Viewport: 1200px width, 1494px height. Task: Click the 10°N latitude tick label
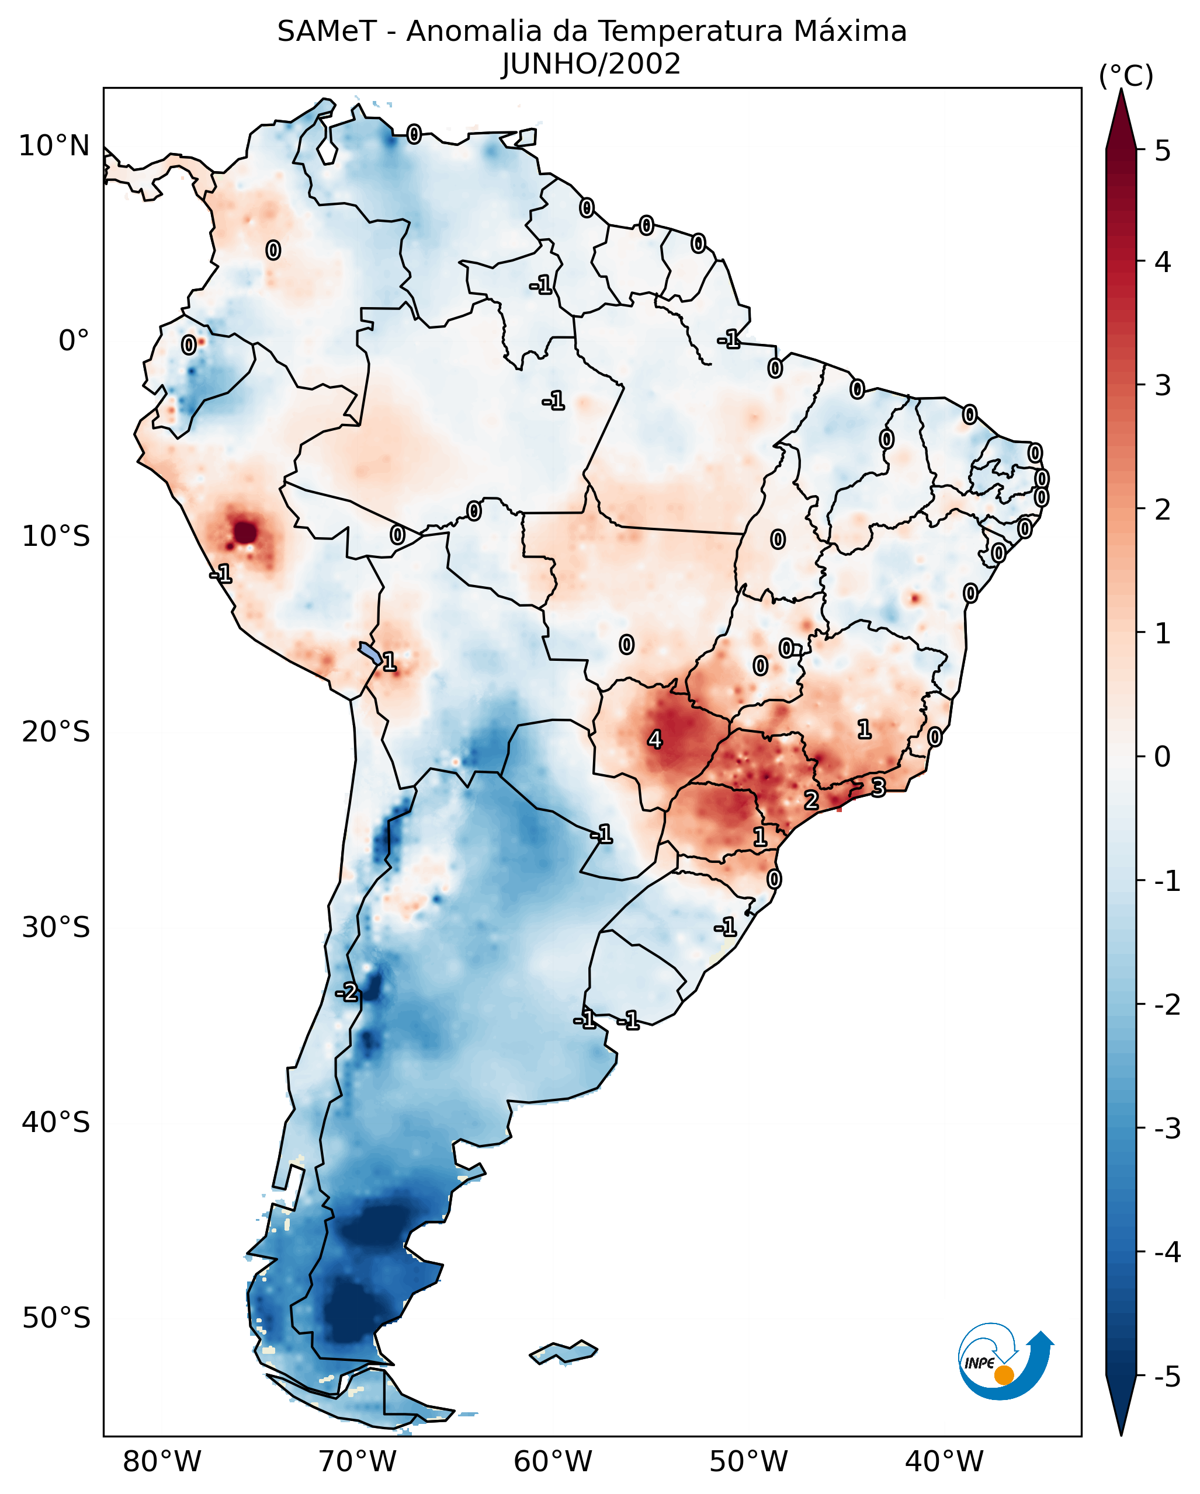[x=54, y=146]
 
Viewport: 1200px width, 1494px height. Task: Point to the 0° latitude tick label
[x=74, y=341]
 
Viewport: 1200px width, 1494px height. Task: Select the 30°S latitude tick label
[x=56, y=927]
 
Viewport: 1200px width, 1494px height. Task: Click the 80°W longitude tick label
[x=161, y=1461]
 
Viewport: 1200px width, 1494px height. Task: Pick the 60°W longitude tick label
[x=553, y=1461]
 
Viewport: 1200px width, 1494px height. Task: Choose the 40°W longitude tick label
[x=944, y=1461]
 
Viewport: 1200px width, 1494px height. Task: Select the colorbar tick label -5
[x=1167, y=1377]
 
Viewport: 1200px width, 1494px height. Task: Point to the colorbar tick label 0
[x=1163, y=756]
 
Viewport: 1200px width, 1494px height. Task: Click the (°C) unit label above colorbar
[x=1126, y=76]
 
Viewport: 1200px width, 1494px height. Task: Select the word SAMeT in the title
[x=327, y=32]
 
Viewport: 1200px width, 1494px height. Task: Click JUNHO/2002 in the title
[x=591, y=64]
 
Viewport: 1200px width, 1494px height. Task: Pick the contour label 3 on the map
[x=878, y=788]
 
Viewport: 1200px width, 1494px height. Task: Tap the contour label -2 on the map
[x=346, y=992]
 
